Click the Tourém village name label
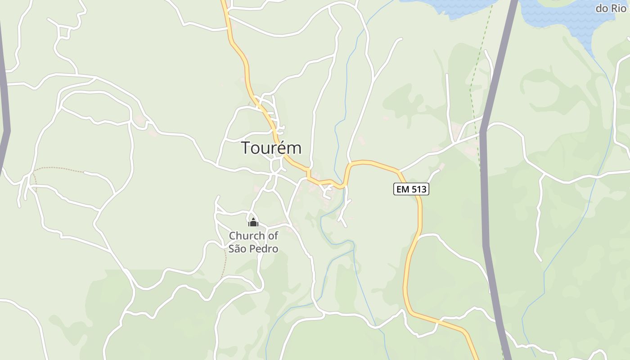(x=271, y=148)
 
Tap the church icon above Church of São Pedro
(x=253, y=222)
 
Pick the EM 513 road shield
(x=411, y=189)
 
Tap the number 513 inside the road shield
(x=418, y=189)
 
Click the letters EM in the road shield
(x=403, y=189)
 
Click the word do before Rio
(x=603, y=8)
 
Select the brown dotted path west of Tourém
(x=58, y=168)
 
